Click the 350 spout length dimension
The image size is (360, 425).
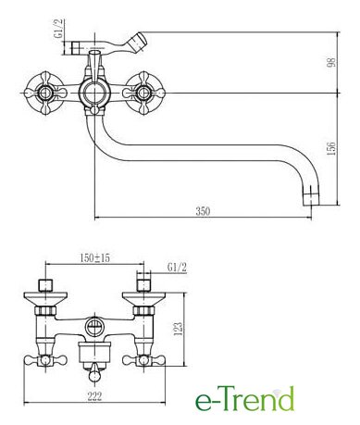[x=203, y=211]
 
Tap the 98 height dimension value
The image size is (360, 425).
[x=331, y=62]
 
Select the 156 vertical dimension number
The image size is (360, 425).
[x=331, y=149]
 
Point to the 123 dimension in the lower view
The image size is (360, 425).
[x=179, y=329]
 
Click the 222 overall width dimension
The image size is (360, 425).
[x=94, y=396]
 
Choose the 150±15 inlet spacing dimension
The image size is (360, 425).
[x=94, y=257]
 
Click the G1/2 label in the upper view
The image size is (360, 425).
[x=58, y=28]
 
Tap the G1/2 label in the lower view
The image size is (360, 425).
[x=177, y=268]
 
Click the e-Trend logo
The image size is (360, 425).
[x=244, y=399]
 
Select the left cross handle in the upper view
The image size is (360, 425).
[x=45, y=93]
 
